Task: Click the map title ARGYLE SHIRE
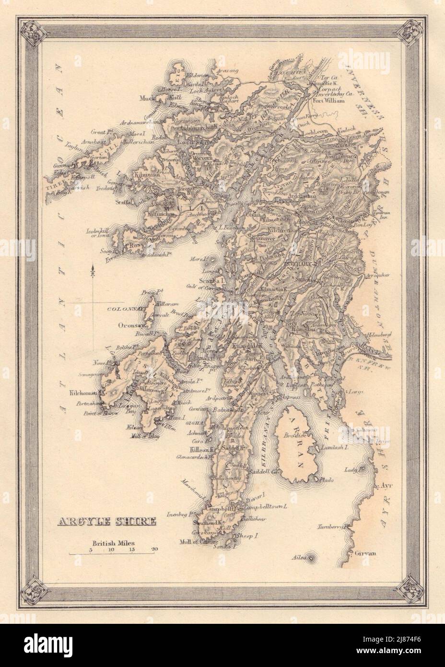[x=106, y=521]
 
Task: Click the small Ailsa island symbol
[x=312, y=558]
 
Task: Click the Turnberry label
[x=330, y=527]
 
